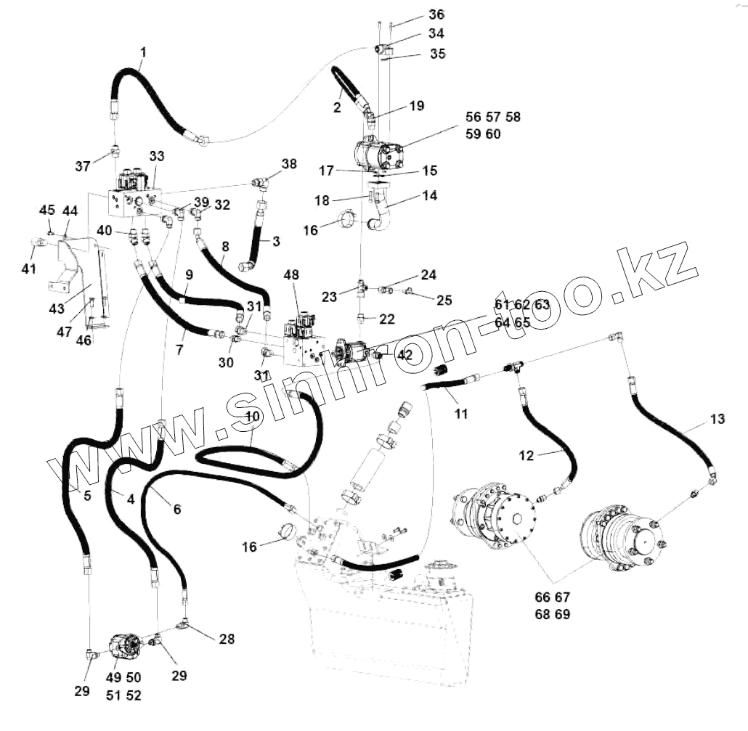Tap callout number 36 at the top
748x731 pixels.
point(436,15)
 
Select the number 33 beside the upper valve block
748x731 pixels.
point(158,156)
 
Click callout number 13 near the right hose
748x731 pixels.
point(717,419)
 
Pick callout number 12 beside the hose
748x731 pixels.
point(527,456)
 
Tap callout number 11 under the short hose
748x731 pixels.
point(461,414)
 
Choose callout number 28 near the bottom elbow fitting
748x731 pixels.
point(227,640)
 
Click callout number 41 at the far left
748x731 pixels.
point(28,269)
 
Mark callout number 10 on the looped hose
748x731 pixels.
point(252,417)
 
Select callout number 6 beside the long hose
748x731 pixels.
point(176,510)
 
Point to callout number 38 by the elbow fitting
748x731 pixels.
point(289,164)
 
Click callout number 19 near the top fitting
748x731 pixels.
point(416,105)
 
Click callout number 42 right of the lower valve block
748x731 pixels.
point(405,355)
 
